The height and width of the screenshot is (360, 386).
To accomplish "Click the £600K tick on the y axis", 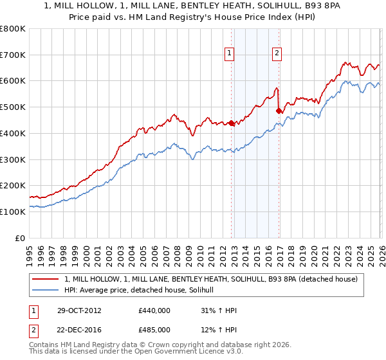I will pyautogui.click(x=13, y=81).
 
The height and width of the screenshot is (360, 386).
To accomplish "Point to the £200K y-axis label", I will pyautogui.click(x=13, y=185).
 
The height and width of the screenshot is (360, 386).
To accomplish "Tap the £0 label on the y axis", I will pyautogui.click(x=21, y=238).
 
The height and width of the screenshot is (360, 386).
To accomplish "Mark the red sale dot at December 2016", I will pyautogui.click(x=279, y=111).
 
